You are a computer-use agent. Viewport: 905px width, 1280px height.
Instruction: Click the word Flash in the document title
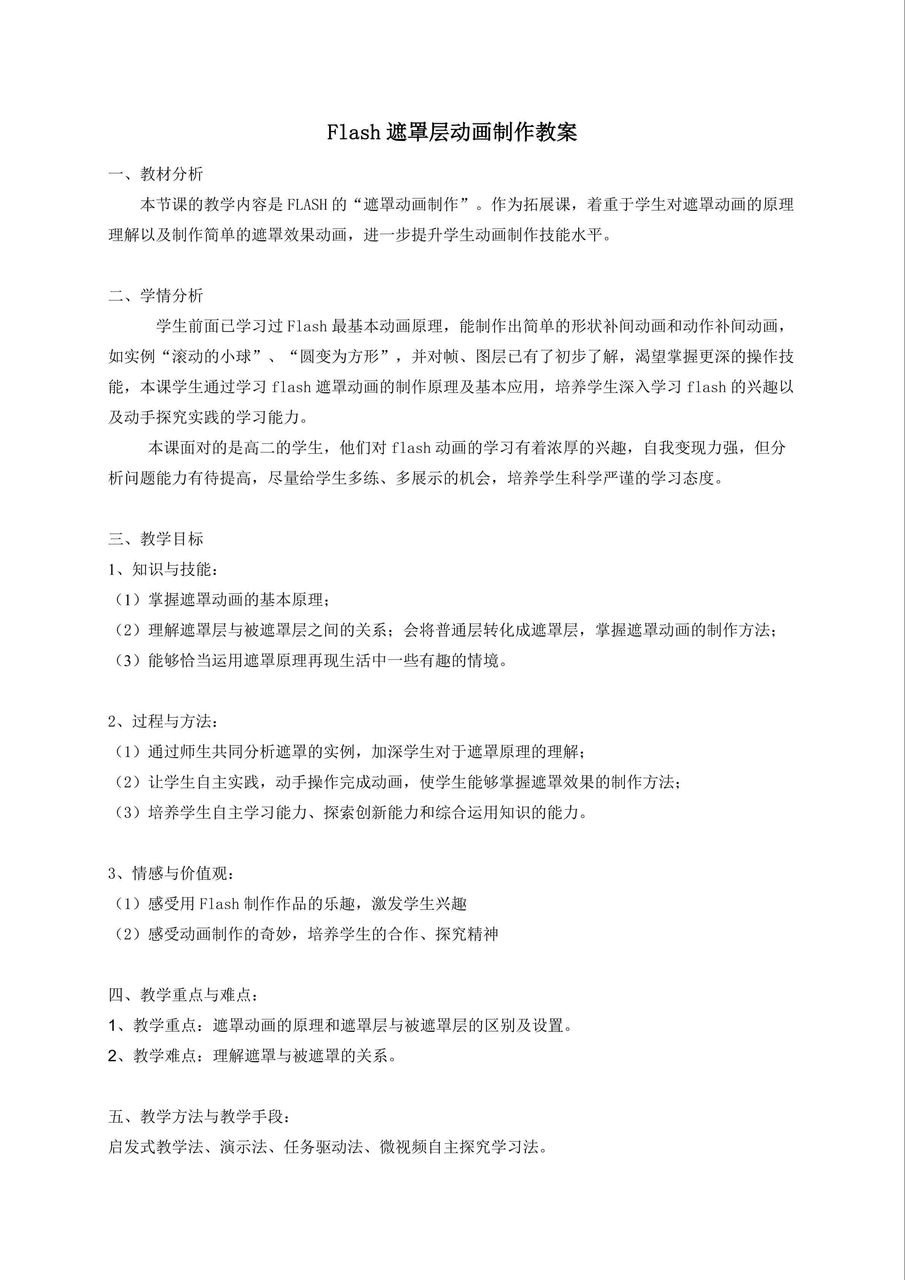point(353,133)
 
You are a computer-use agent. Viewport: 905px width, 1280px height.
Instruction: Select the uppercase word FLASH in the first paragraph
point(307,205)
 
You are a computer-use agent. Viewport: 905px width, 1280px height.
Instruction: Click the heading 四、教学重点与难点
point(184,995)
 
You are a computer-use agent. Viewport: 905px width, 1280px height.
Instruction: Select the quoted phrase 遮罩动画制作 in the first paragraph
point(410,205)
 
